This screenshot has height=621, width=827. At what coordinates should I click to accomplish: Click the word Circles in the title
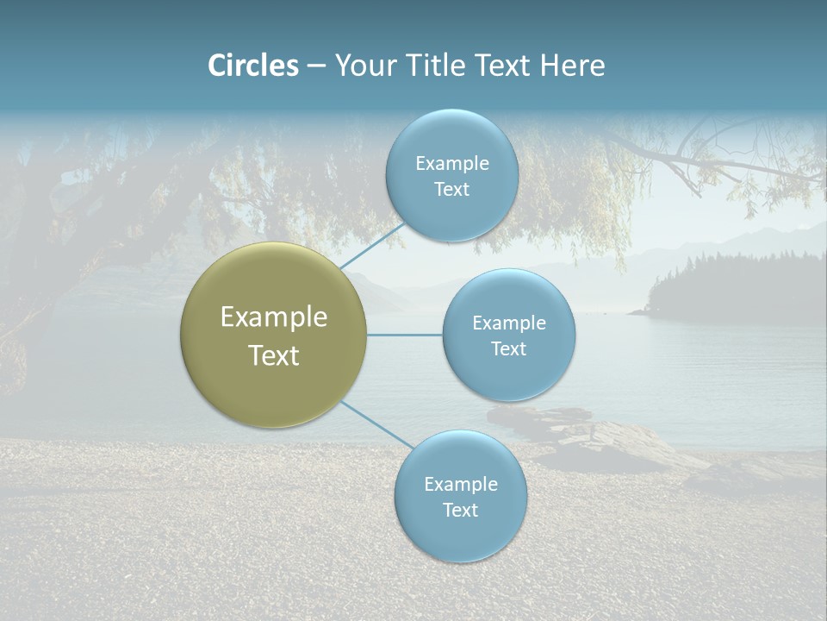(x=253, y=66)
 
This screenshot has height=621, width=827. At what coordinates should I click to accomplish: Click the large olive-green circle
(x=274, y=335)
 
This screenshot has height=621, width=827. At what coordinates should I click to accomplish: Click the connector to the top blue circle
(x=372, y=247)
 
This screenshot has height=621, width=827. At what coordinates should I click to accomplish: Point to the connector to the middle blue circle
(x=405, y=335)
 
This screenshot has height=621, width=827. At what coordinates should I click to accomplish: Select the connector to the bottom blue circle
(x=376, y=424)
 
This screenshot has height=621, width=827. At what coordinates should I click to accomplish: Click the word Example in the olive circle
(x=274, y=317)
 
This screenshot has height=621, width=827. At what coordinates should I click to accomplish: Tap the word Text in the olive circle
(x=274, y=355)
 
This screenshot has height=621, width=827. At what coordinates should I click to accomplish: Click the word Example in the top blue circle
(x=451, y=164)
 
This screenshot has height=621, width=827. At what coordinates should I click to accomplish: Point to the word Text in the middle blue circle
(x=509, y=349)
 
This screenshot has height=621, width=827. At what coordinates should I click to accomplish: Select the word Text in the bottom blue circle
(x=460, y=511)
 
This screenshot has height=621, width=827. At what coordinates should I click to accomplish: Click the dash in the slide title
(x=316, y=66)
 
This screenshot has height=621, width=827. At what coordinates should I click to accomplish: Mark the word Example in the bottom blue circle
(x=460, y=485)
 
